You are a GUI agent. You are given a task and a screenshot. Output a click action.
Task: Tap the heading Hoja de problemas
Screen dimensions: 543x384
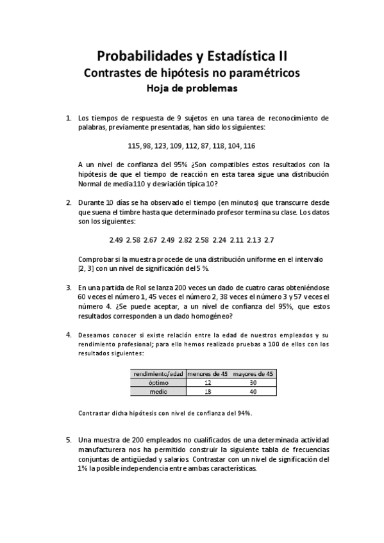coord(192,89)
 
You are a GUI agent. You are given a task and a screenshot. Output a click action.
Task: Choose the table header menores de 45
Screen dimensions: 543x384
coord(206,373)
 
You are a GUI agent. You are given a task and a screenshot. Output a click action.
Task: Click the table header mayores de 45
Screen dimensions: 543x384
coord(253,373)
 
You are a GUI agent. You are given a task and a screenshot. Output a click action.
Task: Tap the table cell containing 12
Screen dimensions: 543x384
coord(206,382)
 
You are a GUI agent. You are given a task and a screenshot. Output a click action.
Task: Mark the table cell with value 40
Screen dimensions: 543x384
coord(253,391)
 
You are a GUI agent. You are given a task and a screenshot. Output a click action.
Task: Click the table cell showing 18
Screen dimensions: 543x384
coord(206,391)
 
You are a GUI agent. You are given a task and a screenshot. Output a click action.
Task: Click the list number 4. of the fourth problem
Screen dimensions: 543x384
coord(69,335)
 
